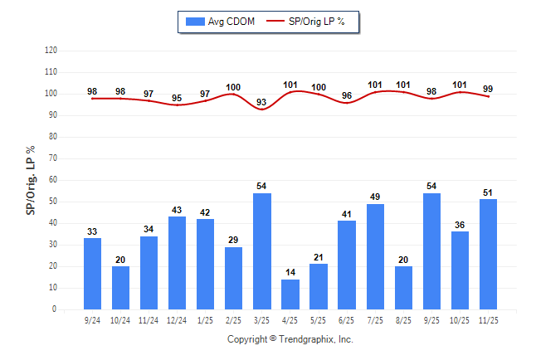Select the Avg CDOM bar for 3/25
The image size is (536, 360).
(x=262, y=252)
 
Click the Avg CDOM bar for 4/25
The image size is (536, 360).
(x=290, y=294)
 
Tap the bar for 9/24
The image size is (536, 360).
(x=93, y=274)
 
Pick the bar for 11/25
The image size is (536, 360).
(x=489, y=255)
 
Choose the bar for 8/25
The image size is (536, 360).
(x=404, y=288)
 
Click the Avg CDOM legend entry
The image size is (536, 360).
(x=222, y=22)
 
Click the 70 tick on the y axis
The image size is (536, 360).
(x=52, y=158)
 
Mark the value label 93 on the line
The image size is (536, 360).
(x=262, y=102)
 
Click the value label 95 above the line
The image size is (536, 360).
(x=178, y=98)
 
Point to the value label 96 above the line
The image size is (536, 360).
(x=347, y=95)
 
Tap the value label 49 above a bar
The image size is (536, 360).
(x=375, y=197)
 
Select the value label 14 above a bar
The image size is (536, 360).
(x=290, y=272)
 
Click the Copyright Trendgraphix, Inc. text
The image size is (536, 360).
(x=290, y=339)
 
